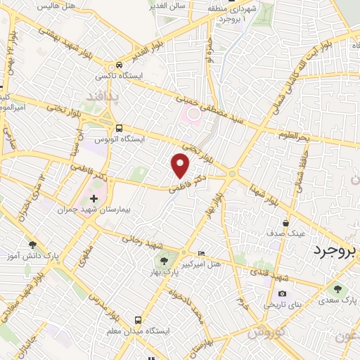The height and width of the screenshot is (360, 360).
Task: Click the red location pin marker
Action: click(x=181, y=166)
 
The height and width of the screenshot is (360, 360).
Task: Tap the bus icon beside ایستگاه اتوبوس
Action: click(x=119, y=129)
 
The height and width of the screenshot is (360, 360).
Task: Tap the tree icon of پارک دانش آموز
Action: click(x=32, y=245)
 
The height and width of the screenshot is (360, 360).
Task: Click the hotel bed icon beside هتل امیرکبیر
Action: click(x=202, y=254)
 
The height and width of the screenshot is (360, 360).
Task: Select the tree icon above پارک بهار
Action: click(x=164, y=261)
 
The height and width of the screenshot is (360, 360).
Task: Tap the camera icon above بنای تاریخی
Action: click(x=282, y=294)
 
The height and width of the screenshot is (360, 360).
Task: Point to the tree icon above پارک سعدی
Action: click(x=338, y=288)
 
